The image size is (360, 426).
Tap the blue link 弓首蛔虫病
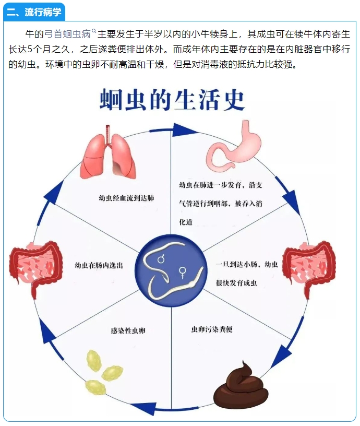[67, 35]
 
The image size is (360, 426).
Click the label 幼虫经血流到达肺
[126, 198]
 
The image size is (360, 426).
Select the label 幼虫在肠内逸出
[99, 265]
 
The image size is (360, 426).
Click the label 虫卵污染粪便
[212, 329]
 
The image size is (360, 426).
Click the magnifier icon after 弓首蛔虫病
[94, 31]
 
